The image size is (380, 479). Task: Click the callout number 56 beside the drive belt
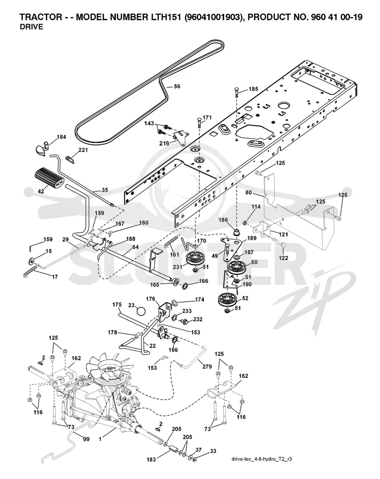(x=177, y=86)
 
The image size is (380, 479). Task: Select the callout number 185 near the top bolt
(x=253, y=89)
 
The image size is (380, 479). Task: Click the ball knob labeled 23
(x=141, y=311)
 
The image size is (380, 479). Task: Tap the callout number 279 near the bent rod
(x=207, y=366)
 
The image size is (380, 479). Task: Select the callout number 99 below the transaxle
(x=86, y=439)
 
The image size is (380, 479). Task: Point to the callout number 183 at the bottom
(x=151, y=459)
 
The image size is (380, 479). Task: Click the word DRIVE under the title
(x=31, y=27)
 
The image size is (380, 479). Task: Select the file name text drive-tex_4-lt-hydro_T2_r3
(x=261, y=459)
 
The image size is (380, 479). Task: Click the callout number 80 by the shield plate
(x=248, y=193)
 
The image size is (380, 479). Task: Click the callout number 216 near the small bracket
(x=164, y=144)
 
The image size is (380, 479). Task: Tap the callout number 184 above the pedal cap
(x=61, y=137)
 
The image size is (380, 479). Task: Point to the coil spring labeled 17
(x=30, y=271)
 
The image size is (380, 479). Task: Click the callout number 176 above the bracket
(x=150, y=299)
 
